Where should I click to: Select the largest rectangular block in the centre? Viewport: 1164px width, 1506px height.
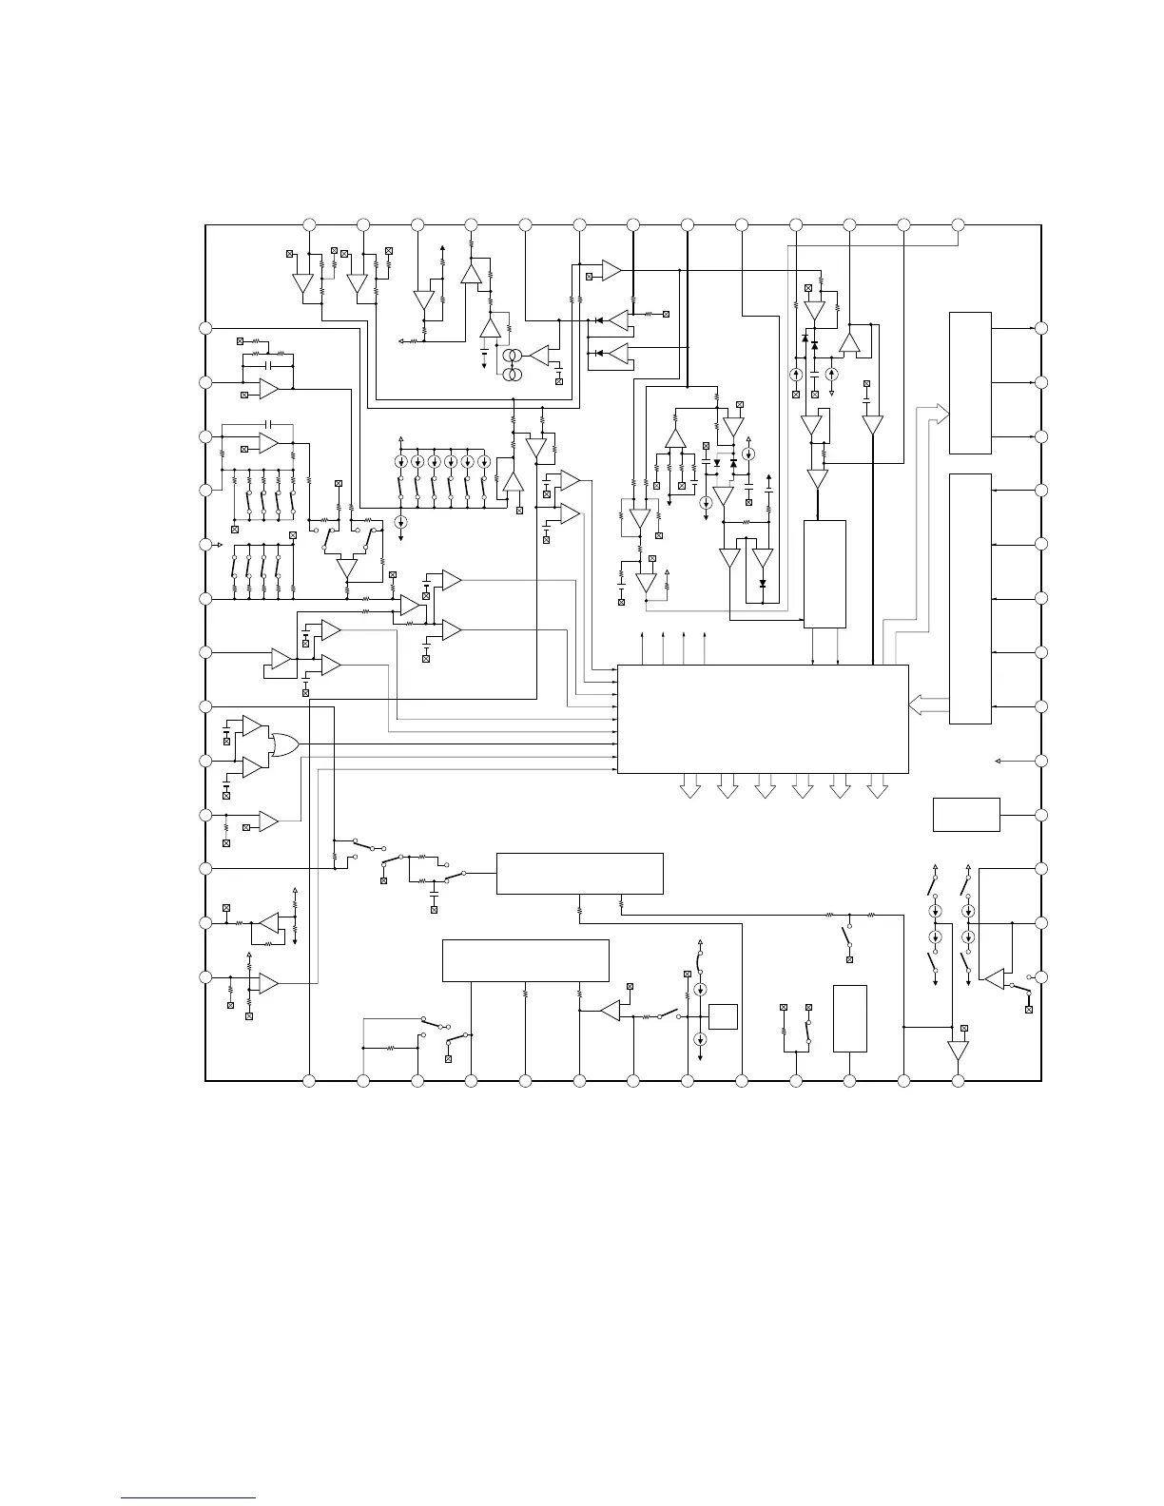pos(763,719)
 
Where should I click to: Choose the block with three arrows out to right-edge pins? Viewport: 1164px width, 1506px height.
pos(970,383)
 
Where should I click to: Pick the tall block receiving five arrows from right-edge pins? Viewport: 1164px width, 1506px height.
pos(970,598)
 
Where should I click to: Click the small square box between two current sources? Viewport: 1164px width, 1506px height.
pos(723,1015)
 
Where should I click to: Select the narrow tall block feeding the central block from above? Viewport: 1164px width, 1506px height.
pos(824,573)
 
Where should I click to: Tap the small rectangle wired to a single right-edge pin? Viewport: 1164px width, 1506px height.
pos(966,815)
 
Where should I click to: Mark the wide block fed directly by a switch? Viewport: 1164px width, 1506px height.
pos(579,874)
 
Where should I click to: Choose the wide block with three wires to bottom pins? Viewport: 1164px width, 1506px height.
pos(525,960)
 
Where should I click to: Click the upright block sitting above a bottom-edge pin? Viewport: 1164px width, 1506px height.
pos(849,1018)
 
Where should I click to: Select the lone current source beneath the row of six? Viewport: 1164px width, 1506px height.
pos(400,522)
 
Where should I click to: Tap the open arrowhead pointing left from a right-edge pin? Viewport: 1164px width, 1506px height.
pos(998,761)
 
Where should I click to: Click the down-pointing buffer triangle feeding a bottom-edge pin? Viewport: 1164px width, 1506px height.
pos(958,1051)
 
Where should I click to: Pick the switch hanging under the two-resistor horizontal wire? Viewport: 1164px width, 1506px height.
pos(845,936)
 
